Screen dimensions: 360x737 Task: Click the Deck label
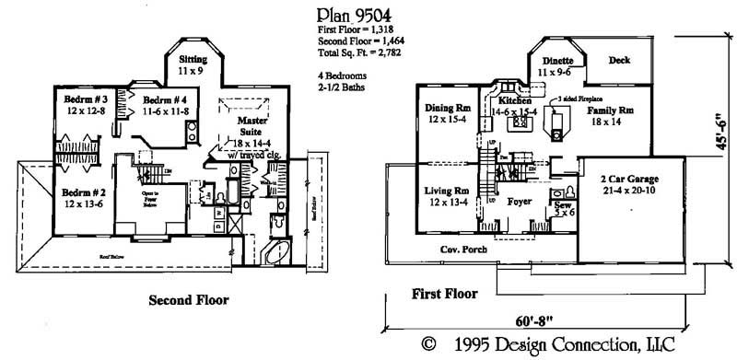coord(620,61)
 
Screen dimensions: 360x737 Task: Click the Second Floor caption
coord(188,299)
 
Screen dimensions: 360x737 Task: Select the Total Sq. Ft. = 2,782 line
coord(352,53)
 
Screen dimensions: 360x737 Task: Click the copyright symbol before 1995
coord(428,345)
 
